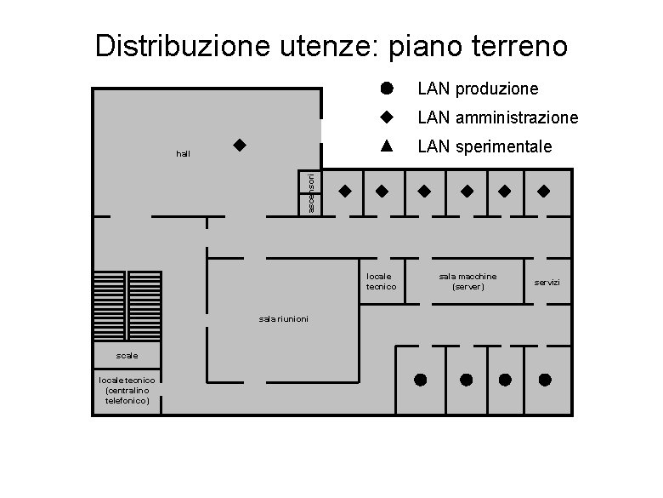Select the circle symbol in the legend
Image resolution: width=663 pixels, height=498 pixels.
(x=386, y=88)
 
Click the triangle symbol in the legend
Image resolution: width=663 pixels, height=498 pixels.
(x=386, y=145)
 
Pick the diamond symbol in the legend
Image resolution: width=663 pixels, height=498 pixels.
(x=386, y=117)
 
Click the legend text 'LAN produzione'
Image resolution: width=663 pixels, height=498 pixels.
(x=478, y=89)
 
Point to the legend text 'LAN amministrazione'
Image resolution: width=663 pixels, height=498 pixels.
(x=497, y=117)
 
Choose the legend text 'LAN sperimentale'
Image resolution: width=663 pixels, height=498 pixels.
(x=484, y=146)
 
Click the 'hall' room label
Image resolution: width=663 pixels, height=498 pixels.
(x=183, y=154)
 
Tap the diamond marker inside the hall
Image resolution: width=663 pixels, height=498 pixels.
(x=240, y=146)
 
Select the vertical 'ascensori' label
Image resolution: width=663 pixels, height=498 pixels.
(x=312, y=193)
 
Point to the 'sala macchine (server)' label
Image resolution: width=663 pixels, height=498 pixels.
(x=467, y=282)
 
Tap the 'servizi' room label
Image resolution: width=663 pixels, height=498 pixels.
(x=547, y=282)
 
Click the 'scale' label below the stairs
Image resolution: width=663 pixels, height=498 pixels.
(x=127, y=354)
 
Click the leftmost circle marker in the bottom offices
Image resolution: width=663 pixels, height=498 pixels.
(x=420, y=379)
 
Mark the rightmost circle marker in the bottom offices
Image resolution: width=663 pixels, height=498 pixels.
(x=545, y=379)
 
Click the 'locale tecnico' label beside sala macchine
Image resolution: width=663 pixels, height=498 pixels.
(x=381, y=282)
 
